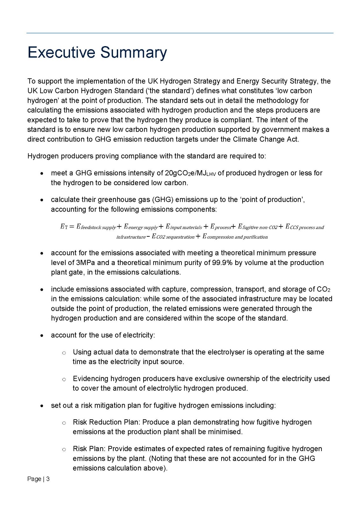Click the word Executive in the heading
[61, 52]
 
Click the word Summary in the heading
[134, 52]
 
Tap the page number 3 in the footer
[48, 479]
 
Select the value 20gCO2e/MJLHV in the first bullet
[190, 173]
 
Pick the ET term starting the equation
[64, 227]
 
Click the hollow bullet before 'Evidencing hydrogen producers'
[64, 379]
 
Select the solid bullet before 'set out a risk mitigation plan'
[42, 406]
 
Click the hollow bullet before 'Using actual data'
[64, 353]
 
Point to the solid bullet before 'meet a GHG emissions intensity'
[42, 174]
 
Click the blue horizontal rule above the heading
[180, 33]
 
